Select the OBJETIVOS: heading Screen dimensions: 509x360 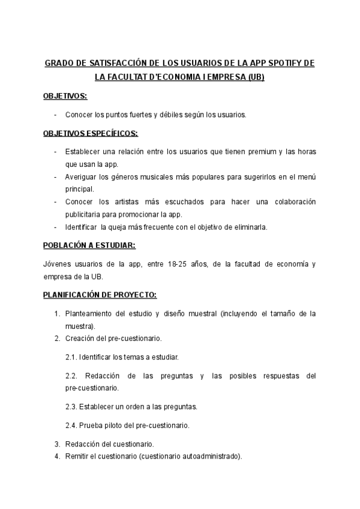[65, 96]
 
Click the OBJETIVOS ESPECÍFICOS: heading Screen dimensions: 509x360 [90, 133]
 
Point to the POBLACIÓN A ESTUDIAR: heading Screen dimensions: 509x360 [89, 245]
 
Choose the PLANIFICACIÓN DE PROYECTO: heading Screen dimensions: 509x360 [100, 295]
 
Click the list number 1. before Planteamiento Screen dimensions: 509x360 [57, 313]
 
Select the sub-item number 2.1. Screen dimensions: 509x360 [71, 357]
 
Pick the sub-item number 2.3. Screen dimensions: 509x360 [71, 406]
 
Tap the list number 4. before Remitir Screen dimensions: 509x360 [57, 456]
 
